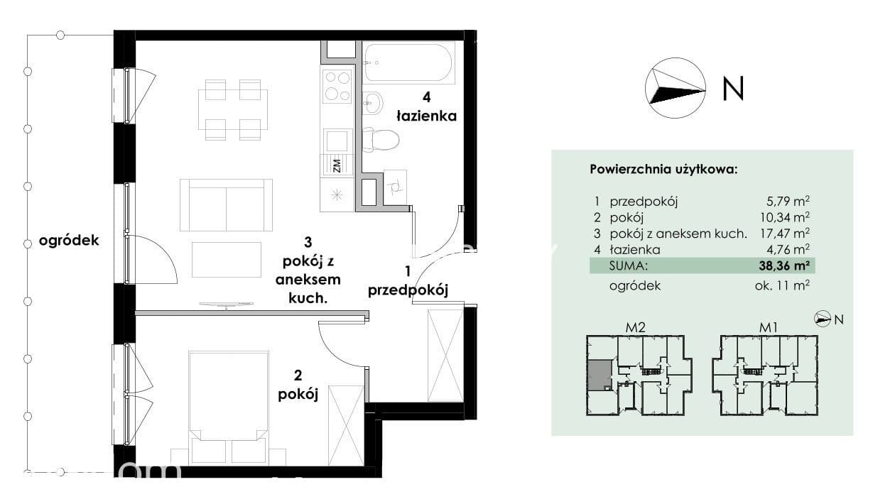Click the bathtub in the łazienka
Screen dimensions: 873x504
coord(408,62)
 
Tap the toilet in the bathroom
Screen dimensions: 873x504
coord(380,141)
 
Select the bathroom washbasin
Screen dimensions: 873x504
coord(373,103)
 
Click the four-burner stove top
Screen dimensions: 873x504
coord(337,87)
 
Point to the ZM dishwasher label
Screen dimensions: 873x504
coord(337,165)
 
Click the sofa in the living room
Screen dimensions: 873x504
coord(226,205)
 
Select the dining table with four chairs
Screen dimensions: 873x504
coord(233,110)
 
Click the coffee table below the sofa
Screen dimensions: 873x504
coord(227,260)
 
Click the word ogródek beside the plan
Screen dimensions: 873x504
coord(69,241)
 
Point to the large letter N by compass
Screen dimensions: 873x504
coord(734,89)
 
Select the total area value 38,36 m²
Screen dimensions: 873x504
coord(784,265)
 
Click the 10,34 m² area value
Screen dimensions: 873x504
coord(785,217)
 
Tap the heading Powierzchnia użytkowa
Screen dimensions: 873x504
coord(663,170)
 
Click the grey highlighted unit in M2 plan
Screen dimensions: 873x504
coord(600,376)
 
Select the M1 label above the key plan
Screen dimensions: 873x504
coord(768,327)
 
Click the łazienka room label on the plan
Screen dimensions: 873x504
coord(427,116)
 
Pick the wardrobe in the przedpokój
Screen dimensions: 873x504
coord(445,355)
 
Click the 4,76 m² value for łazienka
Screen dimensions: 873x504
coord(788,249)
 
